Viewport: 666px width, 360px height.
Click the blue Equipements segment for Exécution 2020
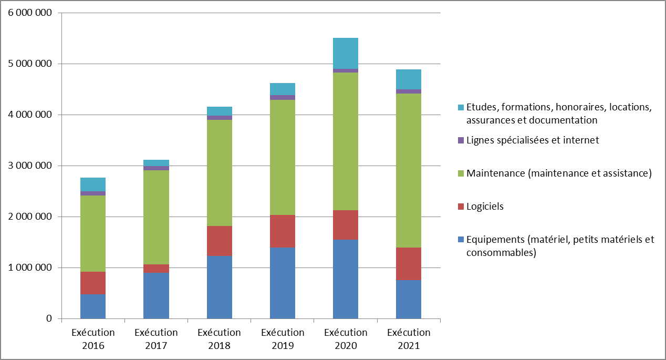(x=345, y=279)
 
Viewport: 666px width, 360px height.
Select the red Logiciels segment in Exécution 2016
(x=93, y=283)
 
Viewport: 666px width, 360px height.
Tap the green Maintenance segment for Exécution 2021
(x=409, y=170)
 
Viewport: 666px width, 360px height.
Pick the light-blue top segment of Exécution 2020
(x=345, y=53)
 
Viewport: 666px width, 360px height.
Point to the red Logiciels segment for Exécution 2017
(x=156, y=269)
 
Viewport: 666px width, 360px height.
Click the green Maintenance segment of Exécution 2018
(x=219, y=172)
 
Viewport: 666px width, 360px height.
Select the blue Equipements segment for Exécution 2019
(x=282, y=283)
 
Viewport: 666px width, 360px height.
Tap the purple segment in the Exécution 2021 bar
(x=409, y=91)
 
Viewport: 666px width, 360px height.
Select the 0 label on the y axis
(x=49, y=319)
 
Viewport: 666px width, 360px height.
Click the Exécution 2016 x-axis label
(x=93, y=339)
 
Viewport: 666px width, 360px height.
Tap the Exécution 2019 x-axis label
(x=282, y=339)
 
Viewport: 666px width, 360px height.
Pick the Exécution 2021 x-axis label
(x=409, y=339)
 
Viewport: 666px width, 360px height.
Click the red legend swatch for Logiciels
(x=461, y=207)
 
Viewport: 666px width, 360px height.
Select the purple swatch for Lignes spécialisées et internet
(x=461, y=140)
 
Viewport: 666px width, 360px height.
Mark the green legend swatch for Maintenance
(x=461, y=173)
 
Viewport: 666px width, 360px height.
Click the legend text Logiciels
(x=485, y=207)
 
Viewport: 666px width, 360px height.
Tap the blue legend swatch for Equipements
(x=461, y=240)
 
